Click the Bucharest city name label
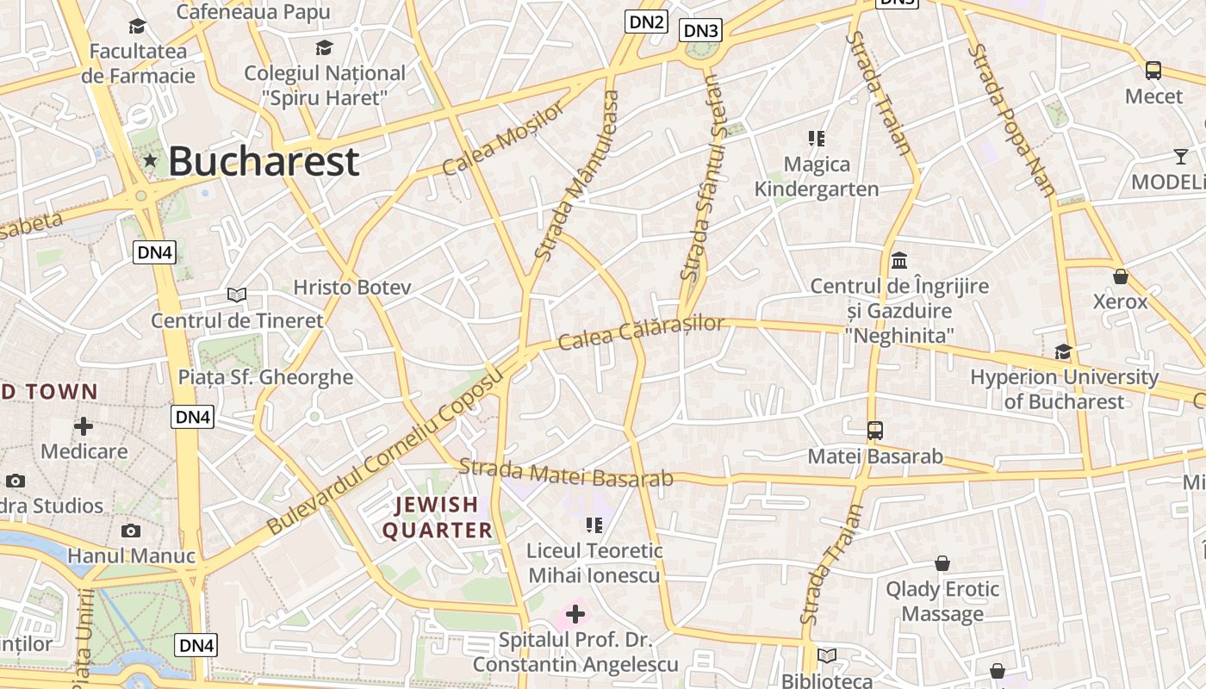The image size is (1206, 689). (x=263, y=161)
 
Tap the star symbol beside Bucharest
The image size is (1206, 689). (x=151, y=160)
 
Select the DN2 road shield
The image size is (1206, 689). (x=646, y=22)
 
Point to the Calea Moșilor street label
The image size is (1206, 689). (x=505, y=138)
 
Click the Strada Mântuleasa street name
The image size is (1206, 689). (x=577, y=176)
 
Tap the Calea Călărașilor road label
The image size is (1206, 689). (x=641, y=332)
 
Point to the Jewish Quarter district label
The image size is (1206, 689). (x=437, y=517)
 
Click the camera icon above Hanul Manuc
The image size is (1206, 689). (x=131, y=531)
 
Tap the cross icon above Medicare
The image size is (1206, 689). (x=84, y=426)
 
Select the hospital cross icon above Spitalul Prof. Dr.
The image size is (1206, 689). (x=575, y=614)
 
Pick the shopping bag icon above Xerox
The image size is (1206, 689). (x=1120, y=276)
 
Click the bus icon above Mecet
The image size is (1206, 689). (x=1153, y=71)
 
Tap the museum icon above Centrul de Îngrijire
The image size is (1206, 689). (x=899, y=260)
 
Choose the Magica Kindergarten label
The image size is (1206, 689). (x=817, y=177)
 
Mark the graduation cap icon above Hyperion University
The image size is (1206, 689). (x=1063, y=351)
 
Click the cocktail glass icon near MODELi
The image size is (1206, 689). (x=1180, y=157)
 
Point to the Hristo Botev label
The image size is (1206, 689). (x=352, y=288)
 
